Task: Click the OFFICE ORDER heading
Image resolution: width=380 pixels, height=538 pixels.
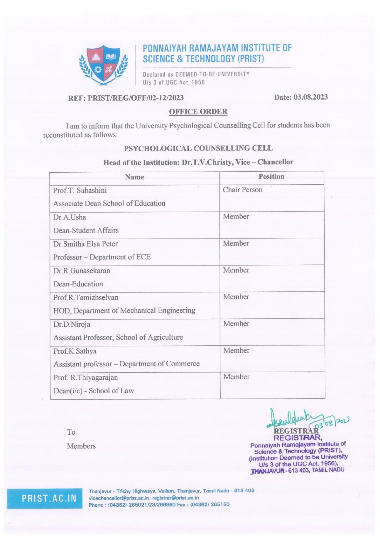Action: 198,112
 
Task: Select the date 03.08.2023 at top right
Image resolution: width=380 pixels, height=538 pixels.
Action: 310,97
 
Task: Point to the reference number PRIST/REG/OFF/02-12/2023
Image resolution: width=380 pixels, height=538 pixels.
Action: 136,98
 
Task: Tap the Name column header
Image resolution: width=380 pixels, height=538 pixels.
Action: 134,177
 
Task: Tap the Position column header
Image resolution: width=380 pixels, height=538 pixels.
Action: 271,177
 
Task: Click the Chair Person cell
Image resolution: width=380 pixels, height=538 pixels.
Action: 242,190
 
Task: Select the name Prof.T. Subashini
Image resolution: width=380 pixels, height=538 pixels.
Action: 80,191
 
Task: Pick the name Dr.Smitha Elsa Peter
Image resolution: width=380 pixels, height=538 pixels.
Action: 85,244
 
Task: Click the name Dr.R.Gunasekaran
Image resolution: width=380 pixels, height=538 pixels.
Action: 82,271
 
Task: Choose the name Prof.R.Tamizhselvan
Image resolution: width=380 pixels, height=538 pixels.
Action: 86,297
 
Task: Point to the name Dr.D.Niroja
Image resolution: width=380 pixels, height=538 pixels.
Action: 72,324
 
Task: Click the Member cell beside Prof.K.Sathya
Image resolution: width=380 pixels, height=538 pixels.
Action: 236,350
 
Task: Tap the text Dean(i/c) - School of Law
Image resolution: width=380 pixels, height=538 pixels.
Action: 94,391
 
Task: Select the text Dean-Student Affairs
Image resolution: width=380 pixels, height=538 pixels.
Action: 86,230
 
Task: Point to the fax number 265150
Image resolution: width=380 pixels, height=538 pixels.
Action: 220,505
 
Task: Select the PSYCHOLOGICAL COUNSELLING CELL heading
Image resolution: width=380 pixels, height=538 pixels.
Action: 198,148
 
